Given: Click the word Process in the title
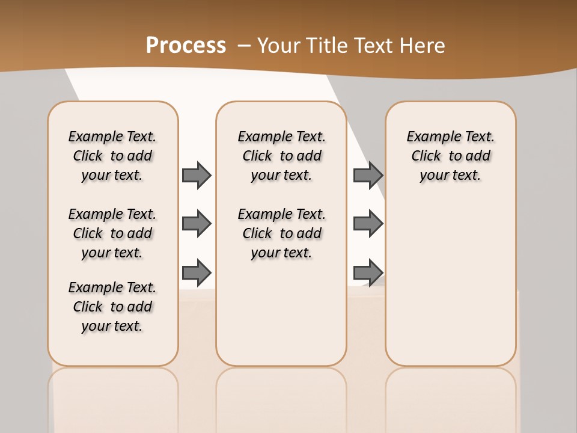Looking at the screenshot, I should pyautogui.click(x=186, y=45).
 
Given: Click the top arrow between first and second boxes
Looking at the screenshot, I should pyautogui.click(x=197, y=175).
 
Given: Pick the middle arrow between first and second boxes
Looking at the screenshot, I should pyautogui.click(x=197, y=224).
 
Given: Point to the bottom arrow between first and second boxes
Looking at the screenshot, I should pyautogui.click(x=197, y=272).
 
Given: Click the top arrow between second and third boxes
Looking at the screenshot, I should pyautogui.click(x=368, y=175).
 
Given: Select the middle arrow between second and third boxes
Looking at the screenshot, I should pyautogui.click(x=368, y=224).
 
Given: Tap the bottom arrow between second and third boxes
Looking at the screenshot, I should pyautogui.click(x=368, y=272).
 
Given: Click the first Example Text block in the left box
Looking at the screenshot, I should pyautogui.click(x=112, y=156).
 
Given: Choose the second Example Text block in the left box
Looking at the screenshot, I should pyautogui.click(x=112, y=233).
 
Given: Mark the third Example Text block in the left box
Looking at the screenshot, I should pyautogui.click(x=112, y=307).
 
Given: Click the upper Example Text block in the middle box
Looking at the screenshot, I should pyautogui.click(x=281, y=156).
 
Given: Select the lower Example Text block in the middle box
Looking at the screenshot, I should pyautogui.click(x=281, y=233).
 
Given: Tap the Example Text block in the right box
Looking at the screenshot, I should pyautogui.click(x=450, y=156).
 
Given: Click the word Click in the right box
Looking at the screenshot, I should pyautogui.click(x=426, y=156).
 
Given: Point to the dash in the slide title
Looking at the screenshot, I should pyautogui.click(x=245, y=45).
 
